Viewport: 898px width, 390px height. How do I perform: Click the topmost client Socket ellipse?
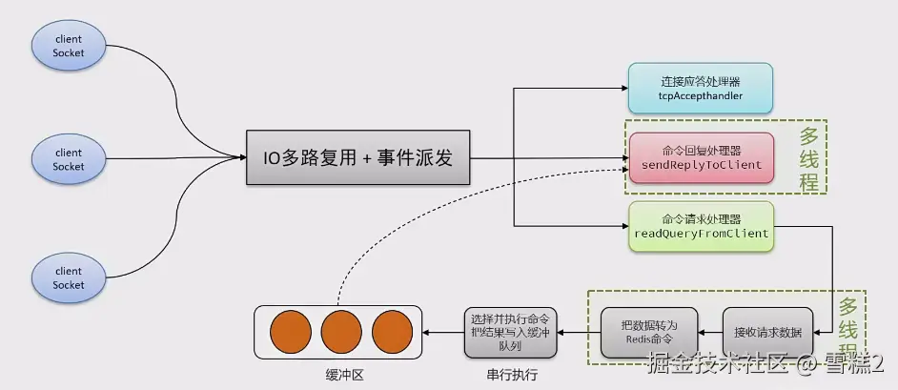(x=69, y=46)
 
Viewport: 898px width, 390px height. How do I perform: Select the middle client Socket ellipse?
(x=69, y=159)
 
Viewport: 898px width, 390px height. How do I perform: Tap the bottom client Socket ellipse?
(x=69, y=277)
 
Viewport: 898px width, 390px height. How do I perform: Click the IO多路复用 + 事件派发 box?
(x=357, y=157)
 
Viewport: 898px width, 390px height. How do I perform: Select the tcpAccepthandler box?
(x=701, y=88)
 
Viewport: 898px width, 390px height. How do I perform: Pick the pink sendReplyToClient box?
(x=702, y=158)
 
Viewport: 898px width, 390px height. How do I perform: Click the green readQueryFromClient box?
(x=702, y=227)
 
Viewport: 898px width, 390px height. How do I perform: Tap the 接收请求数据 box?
(x=767, y=333)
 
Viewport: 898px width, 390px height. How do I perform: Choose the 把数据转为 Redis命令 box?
(x=649, y=333)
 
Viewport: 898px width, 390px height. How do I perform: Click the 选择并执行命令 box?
(x=510, y=333)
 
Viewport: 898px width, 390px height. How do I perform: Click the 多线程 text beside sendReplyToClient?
(x=808, y=158)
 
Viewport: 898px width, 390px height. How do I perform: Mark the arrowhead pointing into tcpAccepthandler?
(x=624, y=88)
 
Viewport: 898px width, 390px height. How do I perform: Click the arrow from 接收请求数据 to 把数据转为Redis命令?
(x=710, y=333)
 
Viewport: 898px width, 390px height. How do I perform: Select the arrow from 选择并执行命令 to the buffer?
(x=442, y=333)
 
